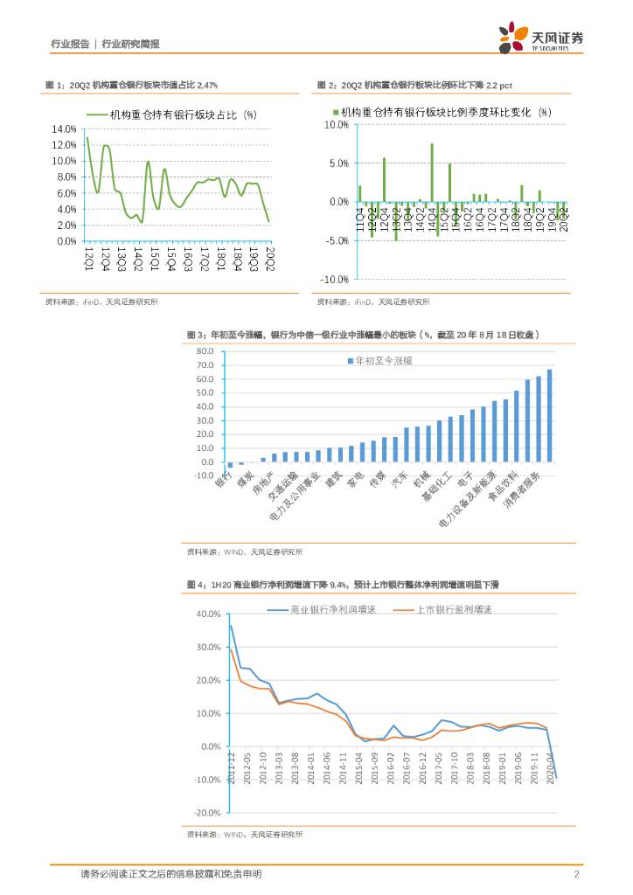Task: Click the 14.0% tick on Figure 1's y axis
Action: click(x=66, y=128)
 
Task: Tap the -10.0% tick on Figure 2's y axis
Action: click(x=337, y=280)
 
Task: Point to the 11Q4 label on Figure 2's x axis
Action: click(x=359, y=215)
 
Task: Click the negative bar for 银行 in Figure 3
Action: click(x=230, y=465)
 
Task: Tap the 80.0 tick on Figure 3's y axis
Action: click(x=205, y=351)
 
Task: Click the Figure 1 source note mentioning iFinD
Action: click(x=101, y=302)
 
